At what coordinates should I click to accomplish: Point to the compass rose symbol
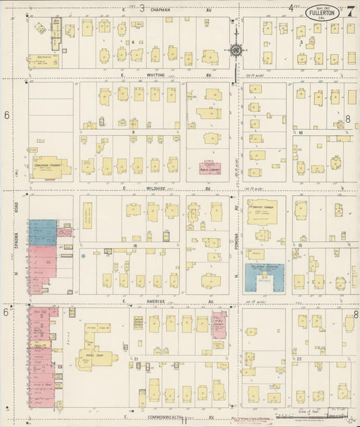coord(236,50)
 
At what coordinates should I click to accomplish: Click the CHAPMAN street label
coord(161,10)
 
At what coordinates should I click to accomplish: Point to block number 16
coord(135,247)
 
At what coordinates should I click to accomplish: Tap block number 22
coord(298,359)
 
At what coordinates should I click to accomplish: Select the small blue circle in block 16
coord(82,256)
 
